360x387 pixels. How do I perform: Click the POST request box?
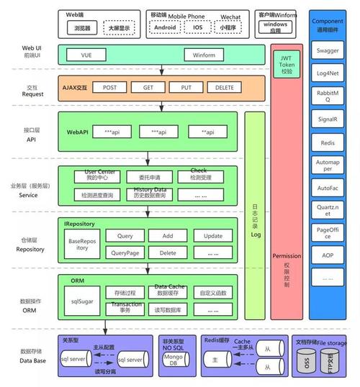[109, 87]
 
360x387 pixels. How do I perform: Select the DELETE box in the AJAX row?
[225, 87]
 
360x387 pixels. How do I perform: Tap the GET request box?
[148, 87]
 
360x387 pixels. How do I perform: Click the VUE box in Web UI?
[86, 55]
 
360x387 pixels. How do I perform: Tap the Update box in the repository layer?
[213, 236]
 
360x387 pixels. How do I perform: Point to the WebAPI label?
[77, 132]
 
